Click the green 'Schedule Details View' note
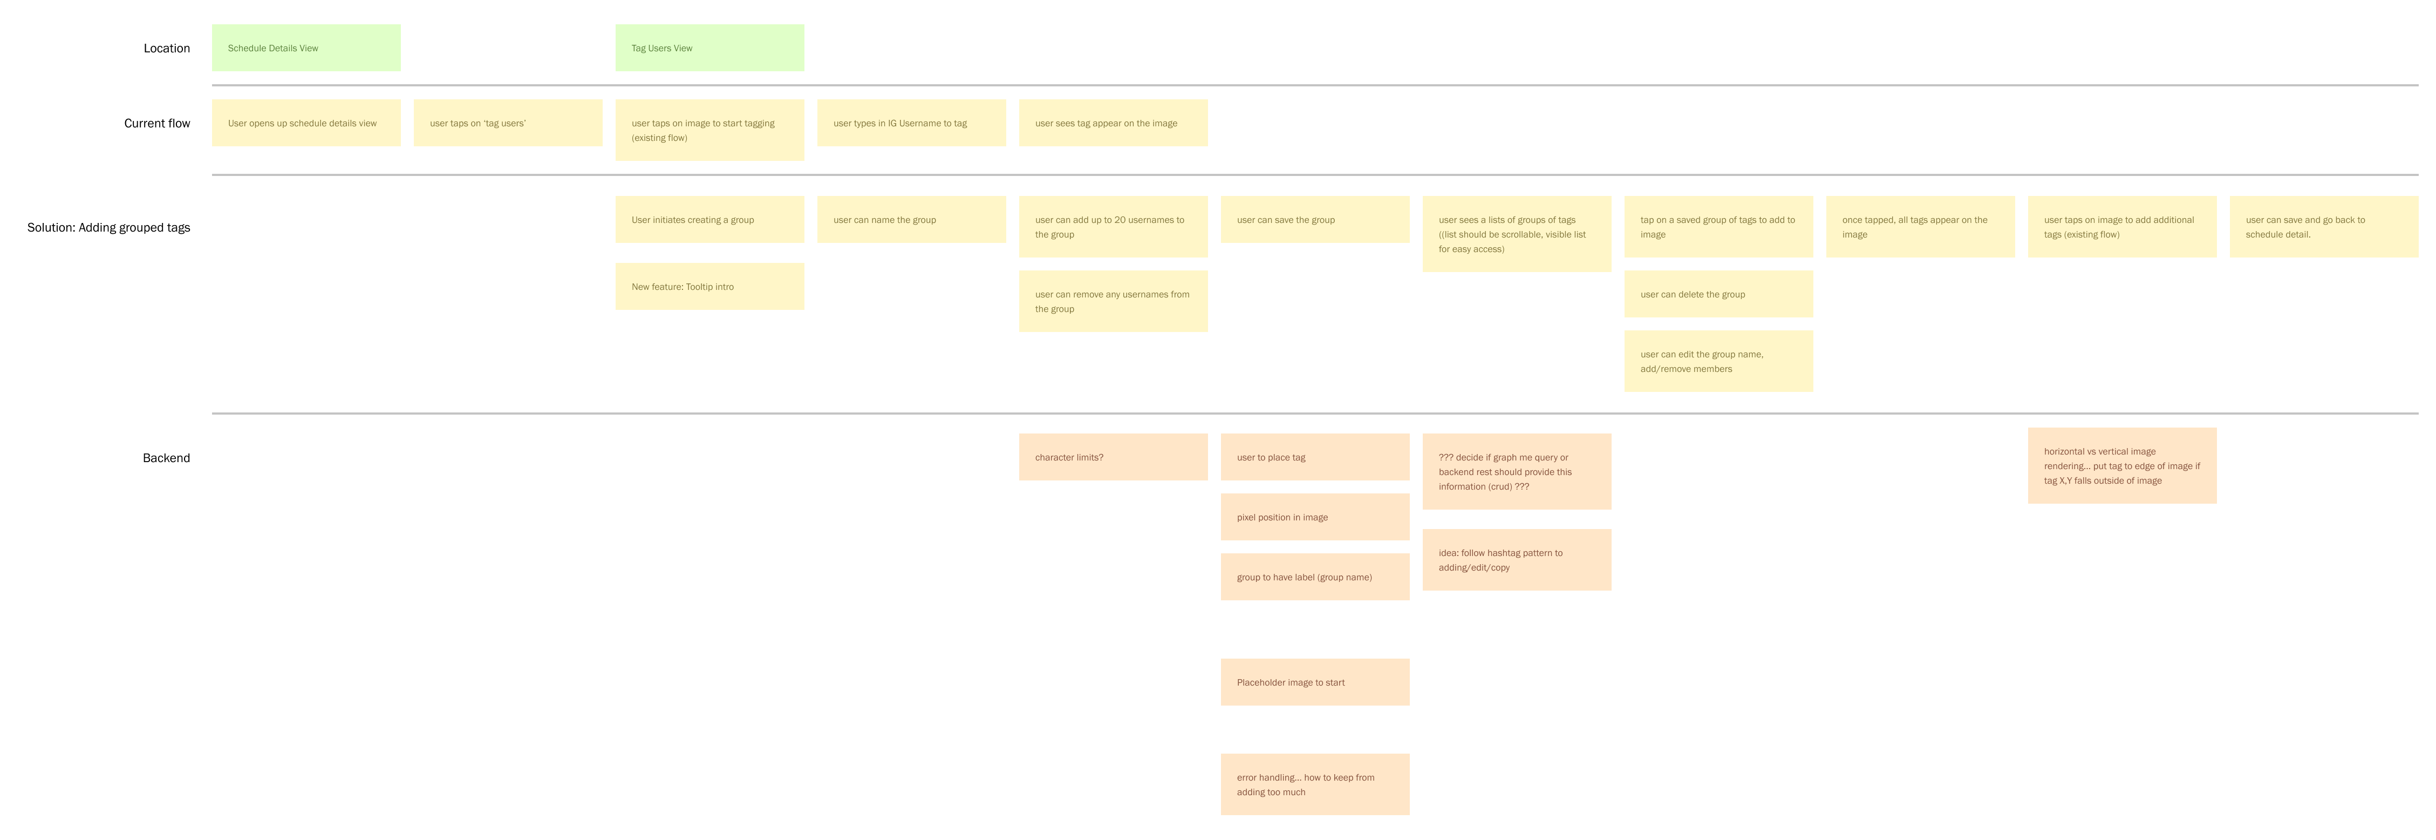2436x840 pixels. (305, 48)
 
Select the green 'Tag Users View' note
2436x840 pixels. (709, 48)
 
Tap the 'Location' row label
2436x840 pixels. (166, 48)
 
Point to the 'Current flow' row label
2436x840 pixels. (157, 123)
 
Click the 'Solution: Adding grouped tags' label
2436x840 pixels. (109, 227)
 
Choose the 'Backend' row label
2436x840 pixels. (166, 458)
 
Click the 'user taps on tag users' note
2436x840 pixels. (508, 123)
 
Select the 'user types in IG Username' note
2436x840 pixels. (911, 123)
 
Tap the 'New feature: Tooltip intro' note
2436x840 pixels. (709, 286)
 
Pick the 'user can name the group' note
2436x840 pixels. (911, 220)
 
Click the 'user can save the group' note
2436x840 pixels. (1314, 220)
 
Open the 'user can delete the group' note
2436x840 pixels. (1718, 294)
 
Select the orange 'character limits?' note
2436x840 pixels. (1113, 457)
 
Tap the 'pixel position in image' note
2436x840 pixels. (1314, 517)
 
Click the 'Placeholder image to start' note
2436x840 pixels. (1314, 682)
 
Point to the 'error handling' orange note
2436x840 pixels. (1314, 784)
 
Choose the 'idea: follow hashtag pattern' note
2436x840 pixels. (1517, 560)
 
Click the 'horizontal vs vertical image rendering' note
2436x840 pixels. (2122, 465)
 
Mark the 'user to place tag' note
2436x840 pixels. (1314, 457)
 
